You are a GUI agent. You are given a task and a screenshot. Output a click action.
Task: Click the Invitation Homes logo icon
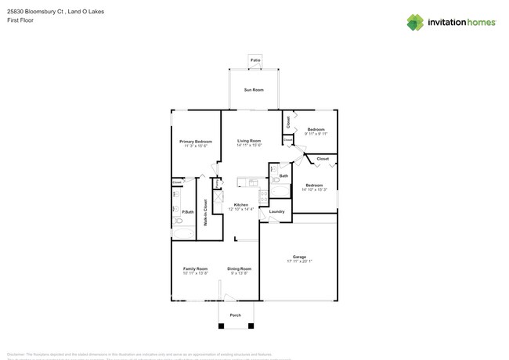(x=415, y=23)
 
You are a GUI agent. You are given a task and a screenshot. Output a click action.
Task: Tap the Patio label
(x=254, y=59)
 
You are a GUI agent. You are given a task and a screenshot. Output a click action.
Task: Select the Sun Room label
(x=253, y=90)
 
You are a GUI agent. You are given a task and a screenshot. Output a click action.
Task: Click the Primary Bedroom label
(x=195, y=142)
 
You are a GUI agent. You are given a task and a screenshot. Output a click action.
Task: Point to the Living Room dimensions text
(x=249, y=145)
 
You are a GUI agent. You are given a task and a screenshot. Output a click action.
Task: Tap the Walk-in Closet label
(x=205, y=213)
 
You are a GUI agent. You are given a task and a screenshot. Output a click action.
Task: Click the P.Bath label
(x=188, y=212)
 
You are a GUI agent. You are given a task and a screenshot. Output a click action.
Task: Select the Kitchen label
(x=240, y=205)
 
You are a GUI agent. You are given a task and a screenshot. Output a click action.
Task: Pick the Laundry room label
(x=276, y=211)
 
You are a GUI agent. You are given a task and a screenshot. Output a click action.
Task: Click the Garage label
(x=299, y=257)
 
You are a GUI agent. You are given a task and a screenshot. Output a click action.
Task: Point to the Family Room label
(x=195, y=268)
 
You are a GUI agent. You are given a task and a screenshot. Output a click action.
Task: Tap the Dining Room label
(x=239, y=268)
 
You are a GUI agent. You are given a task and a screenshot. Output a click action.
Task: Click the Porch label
(x=235, y=315)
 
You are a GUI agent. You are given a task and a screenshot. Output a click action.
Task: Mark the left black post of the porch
(x=220, y=325)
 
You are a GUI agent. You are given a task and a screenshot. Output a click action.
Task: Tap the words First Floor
(x=20, y=20)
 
